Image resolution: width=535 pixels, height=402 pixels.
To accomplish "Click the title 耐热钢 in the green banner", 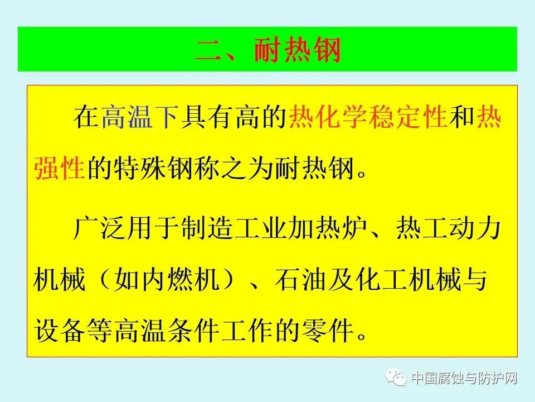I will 296,51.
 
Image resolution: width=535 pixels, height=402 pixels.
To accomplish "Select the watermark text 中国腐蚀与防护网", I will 464,379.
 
